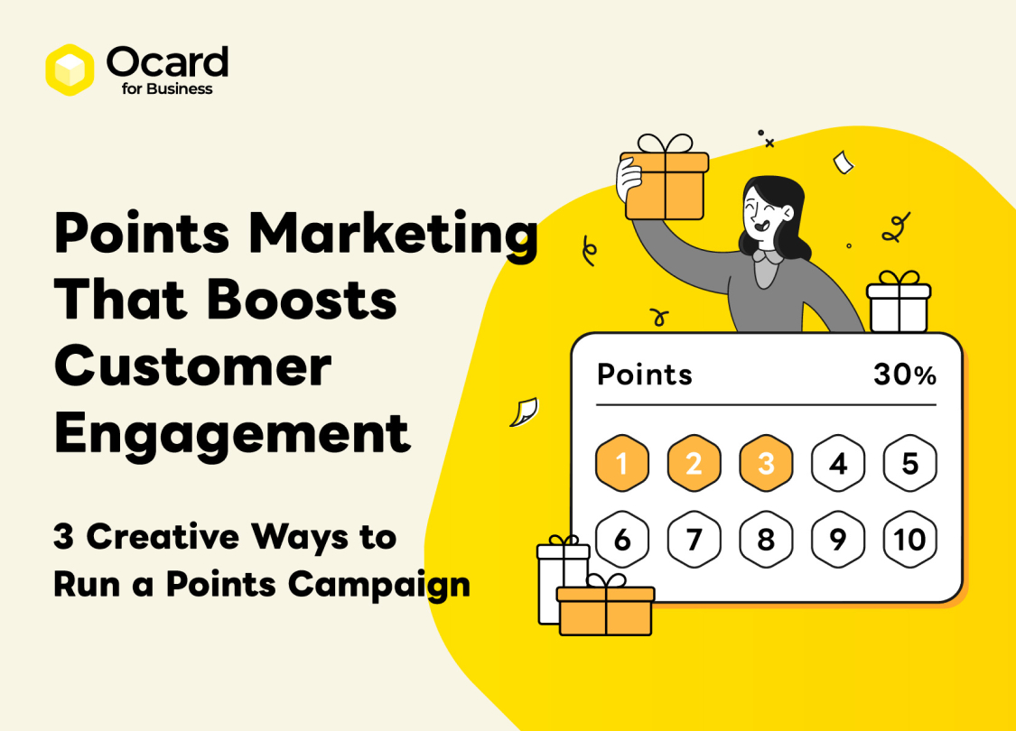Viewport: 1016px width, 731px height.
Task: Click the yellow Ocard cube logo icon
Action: click(70, 69)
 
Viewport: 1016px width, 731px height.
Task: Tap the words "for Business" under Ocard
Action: click(166, 89)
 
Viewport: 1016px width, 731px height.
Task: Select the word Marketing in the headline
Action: click(394, 234)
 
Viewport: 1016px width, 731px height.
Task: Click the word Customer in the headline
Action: click(192, 367)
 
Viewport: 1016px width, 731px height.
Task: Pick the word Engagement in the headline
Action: click(232, 434)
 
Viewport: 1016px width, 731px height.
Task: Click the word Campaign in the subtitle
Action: click(379, 584)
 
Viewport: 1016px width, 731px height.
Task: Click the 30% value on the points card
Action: click(904, 375)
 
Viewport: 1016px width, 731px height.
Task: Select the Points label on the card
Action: click(645, 374)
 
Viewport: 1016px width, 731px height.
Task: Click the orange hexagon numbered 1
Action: click(622, 464)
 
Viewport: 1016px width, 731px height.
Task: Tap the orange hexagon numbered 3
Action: click(766, 464)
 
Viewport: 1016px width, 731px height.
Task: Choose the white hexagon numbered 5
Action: click(909, 464)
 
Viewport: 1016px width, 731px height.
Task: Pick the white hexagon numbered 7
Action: click(694, 540)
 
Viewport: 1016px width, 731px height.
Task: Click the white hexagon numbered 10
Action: click(909, 540)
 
